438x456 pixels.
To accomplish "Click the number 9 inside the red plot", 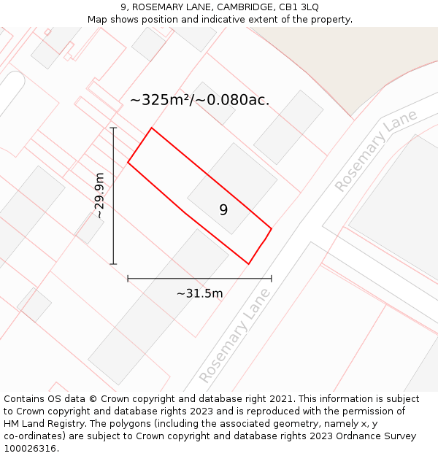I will click(x=223, y=210).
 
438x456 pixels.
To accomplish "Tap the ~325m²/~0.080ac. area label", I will click(x=199, y=100).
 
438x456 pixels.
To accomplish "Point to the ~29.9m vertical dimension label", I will click(x=100, y=196).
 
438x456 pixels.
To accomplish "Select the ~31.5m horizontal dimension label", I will click(x=199, y=293).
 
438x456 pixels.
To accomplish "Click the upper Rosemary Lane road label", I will click(x=375, y=151).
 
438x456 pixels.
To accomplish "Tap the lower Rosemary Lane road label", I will click(x=234, y=336).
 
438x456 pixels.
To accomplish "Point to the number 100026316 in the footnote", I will click(x=29, y=449).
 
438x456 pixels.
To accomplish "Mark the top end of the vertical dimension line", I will click(x=113, y=128).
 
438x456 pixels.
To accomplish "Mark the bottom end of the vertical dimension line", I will click(x=113, y=263).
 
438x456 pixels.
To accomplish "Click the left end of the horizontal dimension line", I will click(x=128, y=278).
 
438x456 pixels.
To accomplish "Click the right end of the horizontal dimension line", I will click(x=272, y=278).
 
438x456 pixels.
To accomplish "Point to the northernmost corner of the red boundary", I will click(x=151, y=128).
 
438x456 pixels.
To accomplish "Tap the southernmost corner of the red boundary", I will click(x=248, y=263).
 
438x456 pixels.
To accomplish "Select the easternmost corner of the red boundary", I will click(x=272, y=229).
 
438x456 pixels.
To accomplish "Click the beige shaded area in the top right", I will click(x=350, y=58).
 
